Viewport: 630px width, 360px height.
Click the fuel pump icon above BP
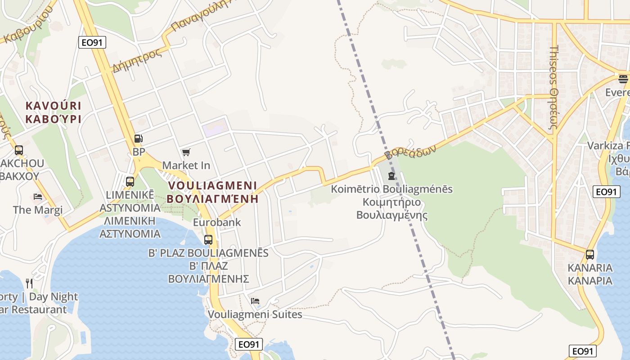(x=139, y=139)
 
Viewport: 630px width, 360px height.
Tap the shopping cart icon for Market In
(x=186, y=153)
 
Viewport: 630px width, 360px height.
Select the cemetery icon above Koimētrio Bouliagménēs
(x=391, y=175)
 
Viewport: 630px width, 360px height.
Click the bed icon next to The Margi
(x=38, y=197)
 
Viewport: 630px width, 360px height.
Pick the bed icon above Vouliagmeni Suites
(x=255, y=301)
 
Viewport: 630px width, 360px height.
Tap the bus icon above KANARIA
(x=589, y=255)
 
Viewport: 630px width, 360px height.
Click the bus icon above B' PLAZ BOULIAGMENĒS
(x=208, y=239)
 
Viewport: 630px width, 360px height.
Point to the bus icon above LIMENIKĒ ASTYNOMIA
(x=130, y=181)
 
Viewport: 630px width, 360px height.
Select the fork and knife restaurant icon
(x=29, y=283)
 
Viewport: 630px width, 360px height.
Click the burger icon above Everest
(x=623, y=79)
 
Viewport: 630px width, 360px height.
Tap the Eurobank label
(x=217, y=222)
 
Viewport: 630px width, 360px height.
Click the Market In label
(x=186, y=165)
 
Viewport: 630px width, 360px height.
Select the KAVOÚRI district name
(x=53, y=106)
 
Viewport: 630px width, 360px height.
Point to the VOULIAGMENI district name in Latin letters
(x=212, y=185)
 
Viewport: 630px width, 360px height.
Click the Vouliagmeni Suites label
(x=255, y=314)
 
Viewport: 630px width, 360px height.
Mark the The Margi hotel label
(x=38, y=210)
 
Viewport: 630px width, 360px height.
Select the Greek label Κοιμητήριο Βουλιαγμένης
(x=391, y=208)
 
